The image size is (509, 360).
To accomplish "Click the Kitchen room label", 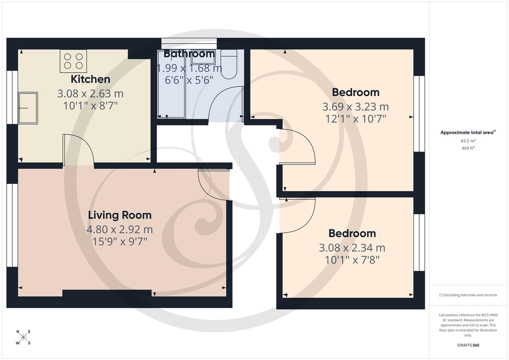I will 90,79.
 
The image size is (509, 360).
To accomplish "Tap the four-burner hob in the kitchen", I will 73,61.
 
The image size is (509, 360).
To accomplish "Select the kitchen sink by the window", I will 28,108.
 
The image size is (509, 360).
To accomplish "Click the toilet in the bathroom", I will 229,64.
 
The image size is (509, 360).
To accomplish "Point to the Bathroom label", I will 189,54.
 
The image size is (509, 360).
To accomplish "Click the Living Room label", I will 120,215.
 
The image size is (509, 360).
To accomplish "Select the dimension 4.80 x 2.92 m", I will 120,229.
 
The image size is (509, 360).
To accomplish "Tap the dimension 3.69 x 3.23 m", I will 355,107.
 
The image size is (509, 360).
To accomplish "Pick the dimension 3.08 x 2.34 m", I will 352,248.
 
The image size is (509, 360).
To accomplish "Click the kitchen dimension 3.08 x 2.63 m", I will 90,94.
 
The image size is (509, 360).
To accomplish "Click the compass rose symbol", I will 23,337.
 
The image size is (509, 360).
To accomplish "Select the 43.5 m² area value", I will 468,141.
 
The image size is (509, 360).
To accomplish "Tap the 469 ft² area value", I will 468,148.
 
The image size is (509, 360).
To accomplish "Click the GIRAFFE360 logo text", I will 468,345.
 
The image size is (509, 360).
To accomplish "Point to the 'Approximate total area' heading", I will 468,132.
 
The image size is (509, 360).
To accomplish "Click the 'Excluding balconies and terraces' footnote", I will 468,295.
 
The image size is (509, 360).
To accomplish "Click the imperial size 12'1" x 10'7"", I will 355,119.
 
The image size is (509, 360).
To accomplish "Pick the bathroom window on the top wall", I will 189,41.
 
